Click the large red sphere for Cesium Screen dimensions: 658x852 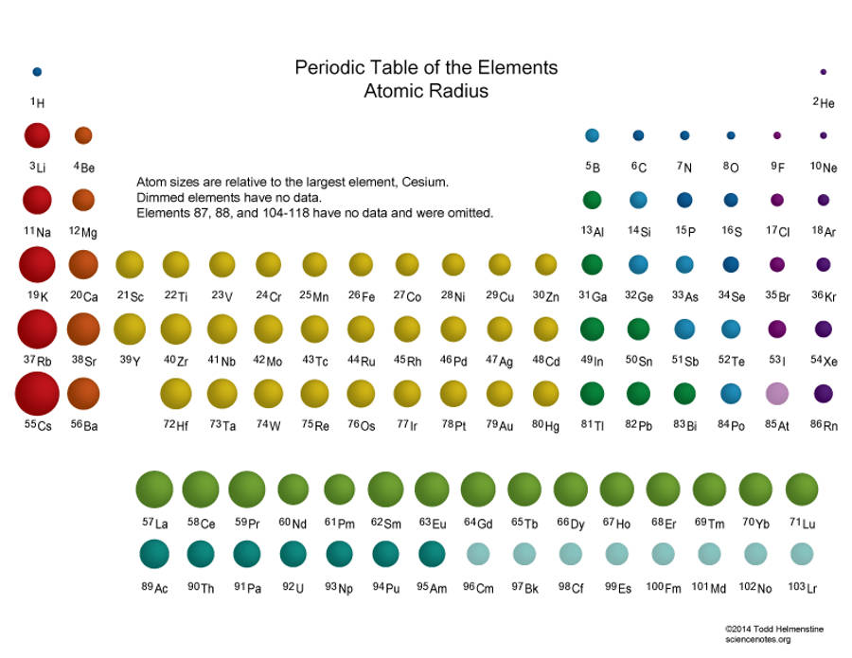click(37, 393)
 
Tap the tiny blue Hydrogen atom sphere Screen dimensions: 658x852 click(37, 71)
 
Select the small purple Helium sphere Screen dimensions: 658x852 click(824, 72)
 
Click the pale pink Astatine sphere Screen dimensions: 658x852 click(777, 393)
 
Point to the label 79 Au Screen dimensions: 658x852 click(500, 425)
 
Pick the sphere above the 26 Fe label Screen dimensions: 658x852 click(361, 264)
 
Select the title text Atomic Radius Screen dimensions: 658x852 click(426, 92)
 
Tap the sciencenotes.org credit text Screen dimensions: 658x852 click(757, 639)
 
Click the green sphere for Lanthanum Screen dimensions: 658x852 click(154, 489)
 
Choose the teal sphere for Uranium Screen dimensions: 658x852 click(293, 553)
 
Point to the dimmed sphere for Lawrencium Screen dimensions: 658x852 click(802, 553)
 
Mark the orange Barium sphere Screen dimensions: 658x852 click(83, 393)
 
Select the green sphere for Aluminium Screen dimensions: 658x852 click(593, 200)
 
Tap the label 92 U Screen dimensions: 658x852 click(293, 588)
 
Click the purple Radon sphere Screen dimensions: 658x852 click(824, 393)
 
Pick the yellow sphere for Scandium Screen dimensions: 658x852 click(130, 264)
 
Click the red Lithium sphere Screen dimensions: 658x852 click(37, 135)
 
